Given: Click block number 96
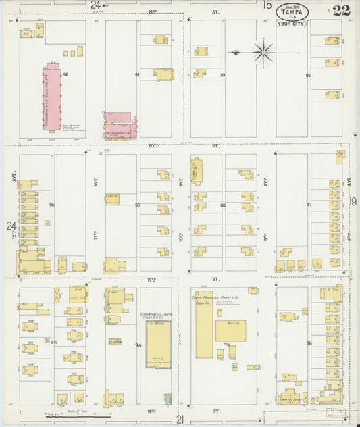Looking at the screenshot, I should click(x=66, y=74).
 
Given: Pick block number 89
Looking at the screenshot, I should click(x=223, y=75).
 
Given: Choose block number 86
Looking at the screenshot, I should click(x=307, y=75).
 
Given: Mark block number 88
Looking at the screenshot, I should click(x=223, y=205).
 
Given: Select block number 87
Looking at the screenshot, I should click(x=308, y=204).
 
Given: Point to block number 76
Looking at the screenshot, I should click(x=308, y=344).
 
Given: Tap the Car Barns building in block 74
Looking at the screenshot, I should click(x=157, y=345).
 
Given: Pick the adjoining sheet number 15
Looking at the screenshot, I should click(x=267, y=5).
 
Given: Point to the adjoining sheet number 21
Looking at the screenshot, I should click(x=180, y=420).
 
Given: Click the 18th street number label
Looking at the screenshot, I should click(x=151, y=410).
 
